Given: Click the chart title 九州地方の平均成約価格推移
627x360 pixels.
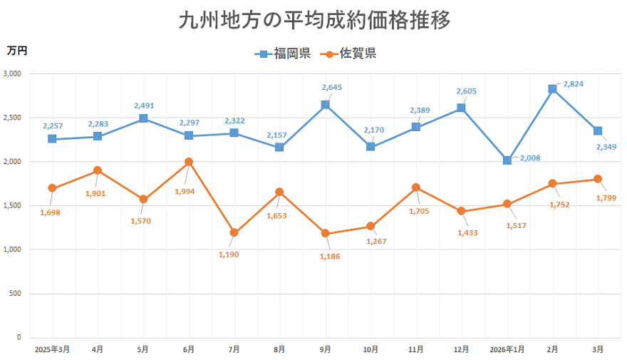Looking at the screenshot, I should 314,21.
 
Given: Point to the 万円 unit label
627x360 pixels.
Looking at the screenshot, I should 17,50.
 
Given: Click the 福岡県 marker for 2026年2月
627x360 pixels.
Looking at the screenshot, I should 552,89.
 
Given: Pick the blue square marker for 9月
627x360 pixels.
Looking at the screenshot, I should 325,105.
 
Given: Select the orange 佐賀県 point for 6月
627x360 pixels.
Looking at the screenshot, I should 189,162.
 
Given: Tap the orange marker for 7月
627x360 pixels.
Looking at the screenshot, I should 234,232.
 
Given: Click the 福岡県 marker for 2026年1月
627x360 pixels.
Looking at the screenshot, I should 507,160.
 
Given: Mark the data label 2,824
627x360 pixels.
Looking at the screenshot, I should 574,84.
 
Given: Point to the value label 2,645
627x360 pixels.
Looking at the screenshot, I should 332,88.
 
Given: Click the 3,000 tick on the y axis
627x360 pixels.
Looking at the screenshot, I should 13,73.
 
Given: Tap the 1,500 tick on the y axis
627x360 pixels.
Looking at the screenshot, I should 13,205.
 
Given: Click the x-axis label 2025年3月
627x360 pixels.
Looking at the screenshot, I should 52,349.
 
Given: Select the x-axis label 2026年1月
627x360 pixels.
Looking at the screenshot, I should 507,349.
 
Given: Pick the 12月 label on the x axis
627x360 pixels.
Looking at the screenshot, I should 461,349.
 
